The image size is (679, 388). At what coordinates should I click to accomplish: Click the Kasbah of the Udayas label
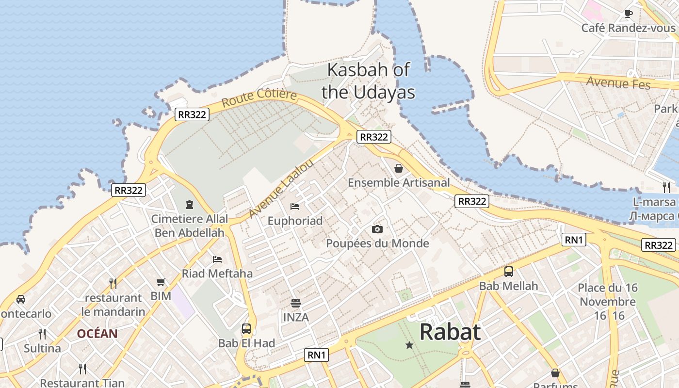(x=369, y=81)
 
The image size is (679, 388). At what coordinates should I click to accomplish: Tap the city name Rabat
(x=450, y=332)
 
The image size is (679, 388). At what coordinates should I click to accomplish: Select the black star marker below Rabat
(x=409, y=345)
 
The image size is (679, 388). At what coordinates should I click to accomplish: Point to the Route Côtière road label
(x=259, y=97)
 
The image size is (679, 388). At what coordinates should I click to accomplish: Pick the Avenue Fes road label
(x=618, y=82)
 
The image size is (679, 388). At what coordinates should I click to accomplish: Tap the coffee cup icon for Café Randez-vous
(x=629, y=14)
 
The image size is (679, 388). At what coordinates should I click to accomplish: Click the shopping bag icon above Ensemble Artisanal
(x=399, y=168)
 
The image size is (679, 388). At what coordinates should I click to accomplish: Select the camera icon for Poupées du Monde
(x=377, y=229)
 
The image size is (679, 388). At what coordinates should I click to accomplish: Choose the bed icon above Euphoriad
(x=295, y=207)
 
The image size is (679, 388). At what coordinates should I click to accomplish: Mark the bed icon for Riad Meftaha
(x=217, y=259)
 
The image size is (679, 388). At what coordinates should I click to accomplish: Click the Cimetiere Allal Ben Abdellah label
(x=189, y=226)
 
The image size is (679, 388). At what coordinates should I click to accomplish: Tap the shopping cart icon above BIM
(x=161, y=282)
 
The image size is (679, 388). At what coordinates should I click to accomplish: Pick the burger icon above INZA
(x=296, y=303)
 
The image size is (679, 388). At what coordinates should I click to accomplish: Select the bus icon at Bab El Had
(x=246, y=329)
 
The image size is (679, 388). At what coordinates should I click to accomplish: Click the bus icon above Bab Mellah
(x=508, y=272)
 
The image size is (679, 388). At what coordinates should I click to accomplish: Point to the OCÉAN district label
(x=97, y=334)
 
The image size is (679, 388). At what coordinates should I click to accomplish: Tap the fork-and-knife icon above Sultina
(x=42, y=334)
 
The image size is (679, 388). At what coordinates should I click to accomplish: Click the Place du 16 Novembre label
(x=607, y=295)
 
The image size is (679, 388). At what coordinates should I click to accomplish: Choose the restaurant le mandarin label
(x=113, y=305)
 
